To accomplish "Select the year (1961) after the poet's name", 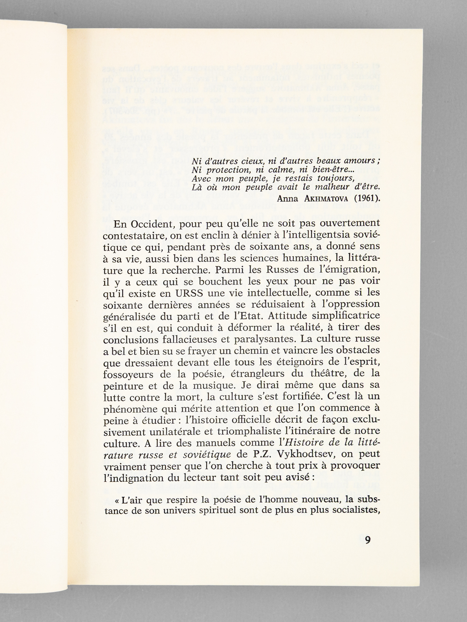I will [x=366, y=197].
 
